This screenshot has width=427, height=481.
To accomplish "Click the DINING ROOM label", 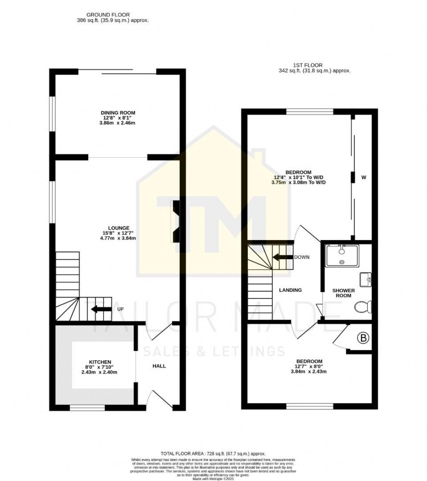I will [x=118, y=113].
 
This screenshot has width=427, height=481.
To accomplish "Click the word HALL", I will [x=159, y=366].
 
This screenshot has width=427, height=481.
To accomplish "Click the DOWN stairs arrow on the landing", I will [x=283, y=257].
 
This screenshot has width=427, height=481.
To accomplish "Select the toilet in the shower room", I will [x=362, y=308].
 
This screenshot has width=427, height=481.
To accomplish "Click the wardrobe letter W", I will [x=364, y=178].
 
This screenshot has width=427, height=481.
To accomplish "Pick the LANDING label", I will [x=290, y=290].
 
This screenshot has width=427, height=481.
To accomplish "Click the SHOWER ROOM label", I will [x=344, y=293].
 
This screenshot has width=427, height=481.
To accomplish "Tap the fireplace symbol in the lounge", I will [x=176, y=221].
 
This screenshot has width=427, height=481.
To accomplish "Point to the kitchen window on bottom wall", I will [x=87, y=407].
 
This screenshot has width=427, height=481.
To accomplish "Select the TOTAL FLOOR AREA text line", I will [x=213, y=453].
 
